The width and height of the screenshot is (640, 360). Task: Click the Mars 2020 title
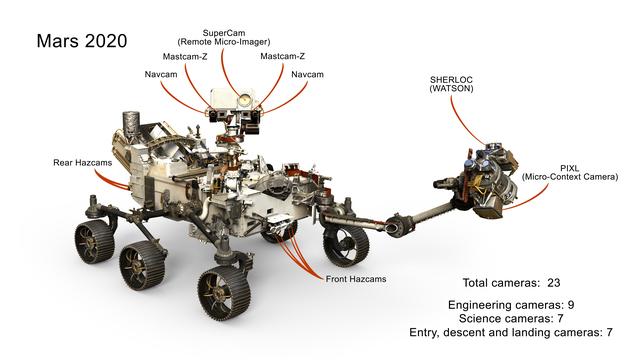click(82, 42)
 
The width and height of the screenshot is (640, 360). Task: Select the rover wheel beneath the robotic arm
click(347, 243)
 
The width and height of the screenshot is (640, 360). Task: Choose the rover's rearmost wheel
click(92, 242)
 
